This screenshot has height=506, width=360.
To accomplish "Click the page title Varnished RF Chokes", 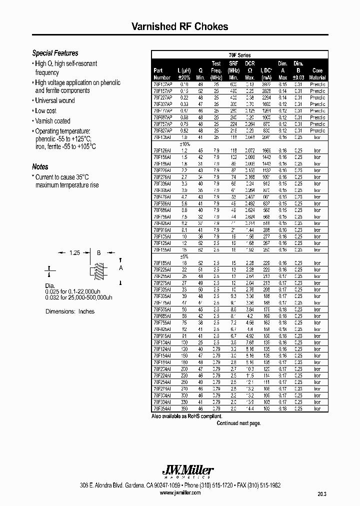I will click(179, 26).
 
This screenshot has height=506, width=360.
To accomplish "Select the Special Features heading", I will click(55, 53).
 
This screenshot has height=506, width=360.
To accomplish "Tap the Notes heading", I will click(40, 167).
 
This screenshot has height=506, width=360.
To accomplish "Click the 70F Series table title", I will click(239, 55).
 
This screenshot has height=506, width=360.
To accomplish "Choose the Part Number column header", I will click(162, 74).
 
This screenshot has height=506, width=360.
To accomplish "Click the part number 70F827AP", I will click(162, 129).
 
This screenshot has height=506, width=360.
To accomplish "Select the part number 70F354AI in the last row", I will click(162, 408).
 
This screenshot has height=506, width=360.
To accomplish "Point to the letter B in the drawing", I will click(99, 253).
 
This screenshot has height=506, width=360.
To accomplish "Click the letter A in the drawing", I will click(120, 267).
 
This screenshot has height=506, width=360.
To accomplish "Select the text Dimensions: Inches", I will click(70, 311).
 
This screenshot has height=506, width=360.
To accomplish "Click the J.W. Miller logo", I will click(188, 470).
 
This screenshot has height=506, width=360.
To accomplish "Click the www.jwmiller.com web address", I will click(180, 492).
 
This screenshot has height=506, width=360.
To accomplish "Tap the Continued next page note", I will click(238, 423).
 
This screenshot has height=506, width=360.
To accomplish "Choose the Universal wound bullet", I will click(55, 100).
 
